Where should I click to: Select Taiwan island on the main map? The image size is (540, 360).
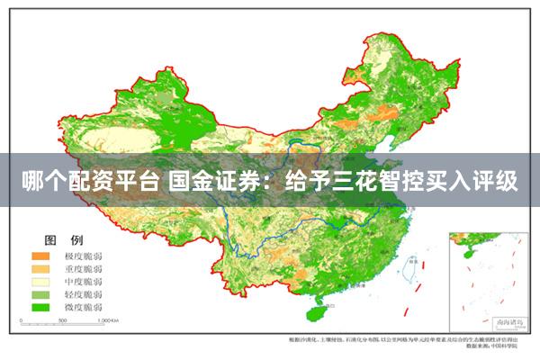(406, 267)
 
